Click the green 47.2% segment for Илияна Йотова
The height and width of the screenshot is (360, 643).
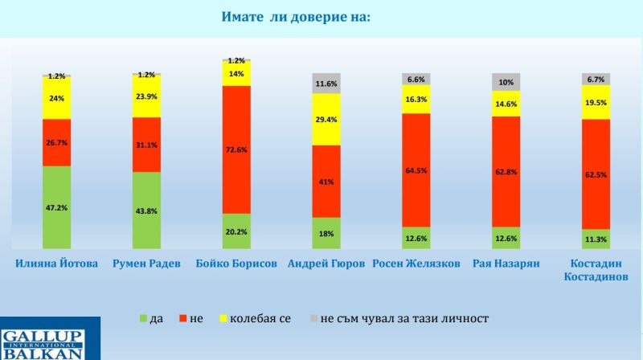point(56,207)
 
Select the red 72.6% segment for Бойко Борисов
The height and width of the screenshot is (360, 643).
point(237,149)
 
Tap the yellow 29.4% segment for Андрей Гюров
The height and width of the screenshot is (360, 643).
point(326,120)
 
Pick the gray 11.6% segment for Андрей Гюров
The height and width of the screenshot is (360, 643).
point(326,84)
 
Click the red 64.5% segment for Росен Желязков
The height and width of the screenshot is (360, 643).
point(417,170)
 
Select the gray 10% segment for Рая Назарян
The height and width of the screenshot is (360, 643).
point(506,82)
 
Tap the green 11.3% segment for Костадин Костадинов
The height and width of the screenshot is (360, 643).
point(596,238)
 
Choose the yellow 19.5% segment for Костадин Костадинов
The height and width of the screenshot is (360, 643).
point(596,102)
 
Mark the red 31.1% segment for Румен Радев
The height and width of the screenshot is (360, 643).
point(147,145)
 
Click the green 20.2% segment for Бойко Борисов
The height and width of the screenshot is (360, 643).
point(237,231)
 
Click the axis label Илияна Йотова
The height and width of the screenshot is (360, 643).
point(56,264)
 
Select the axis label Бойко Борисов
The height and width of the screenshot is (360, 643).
point(237,264)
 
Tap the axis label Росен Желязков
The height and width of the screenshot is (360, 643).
point(417,264)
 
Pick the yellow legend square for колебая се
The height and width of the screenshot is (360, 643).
point(222,319)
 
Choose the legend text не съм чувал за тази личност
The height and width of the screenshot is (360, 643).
point(404,319)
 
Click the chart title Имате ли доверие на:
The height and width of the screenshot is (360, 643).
point(296,17)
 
